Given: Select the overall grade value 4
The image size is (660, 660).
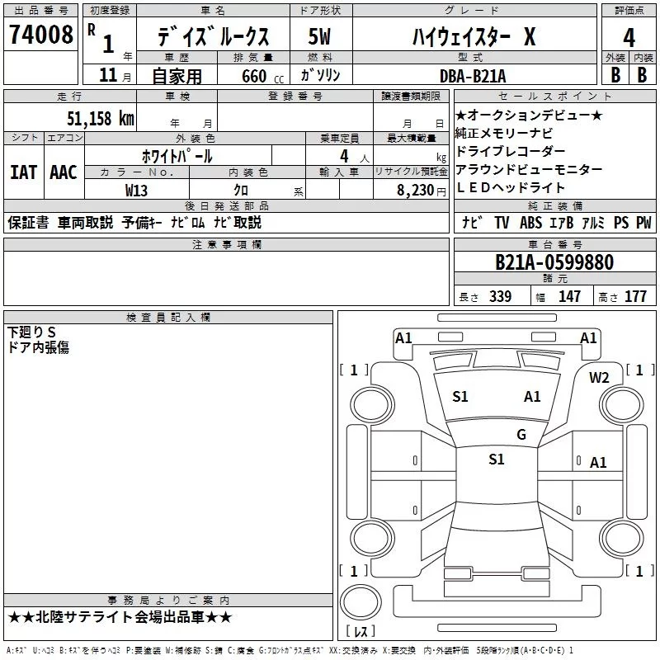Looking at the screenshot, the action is point(629,38).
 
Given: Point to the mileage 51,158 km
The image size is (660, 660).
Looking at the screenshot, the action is point(100,117).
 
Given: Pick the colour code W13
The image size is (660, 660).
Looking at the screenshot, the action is point(137,189).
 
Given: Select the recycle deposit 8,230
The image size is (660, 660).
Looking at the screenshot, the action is point(410,189).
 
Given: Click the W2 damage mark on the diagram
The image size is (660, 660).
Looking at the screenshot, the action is point(599,378).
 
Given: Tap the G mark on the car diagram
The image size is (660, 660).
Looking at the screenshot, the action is point(521,435).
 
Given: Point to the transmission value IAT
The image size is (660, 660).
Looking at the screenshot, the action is point(23,172).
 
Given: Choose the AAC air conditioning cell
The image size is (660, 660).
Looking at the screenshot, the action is point(64,172).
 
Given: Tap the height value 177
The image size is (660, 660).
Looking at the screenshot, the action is point(635,296).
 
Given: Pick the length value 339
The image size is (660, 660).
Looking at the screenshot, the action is point(500,296).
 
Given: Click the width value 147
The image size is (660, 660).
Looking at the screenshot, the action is point(569,296).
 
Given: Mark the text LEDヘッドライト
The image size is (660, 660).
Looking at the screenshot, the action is point(510,187).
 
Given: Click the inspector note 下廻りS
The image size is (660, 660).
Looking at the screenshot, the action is point(31,332).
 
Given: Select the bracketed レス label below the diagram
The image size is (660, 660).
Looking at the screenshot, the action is point(361,633).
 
